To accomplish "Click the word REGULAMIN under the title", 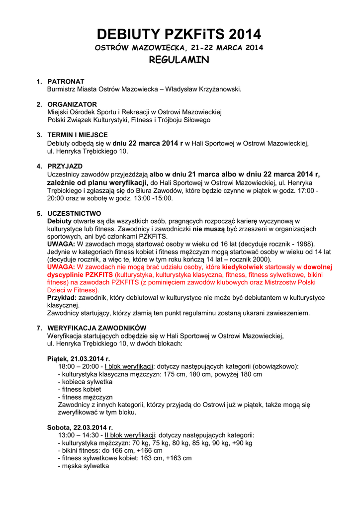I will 179,60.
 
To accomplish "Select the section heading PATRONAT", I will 66,81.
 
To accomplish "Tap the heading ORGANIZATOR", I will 72,104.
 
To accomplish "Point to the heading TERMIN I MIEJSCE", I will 78,135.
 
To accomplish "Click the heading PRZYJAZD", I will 65,166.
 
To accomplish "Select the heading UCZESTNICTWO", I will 74,213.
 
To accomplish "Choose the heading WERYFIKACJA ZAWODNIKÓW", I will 96,328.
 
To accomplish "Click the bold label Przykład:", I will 62,297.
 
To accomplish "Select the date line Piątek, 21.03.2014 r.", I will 78,358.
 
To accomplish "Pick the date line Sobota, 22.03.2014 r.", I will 80,427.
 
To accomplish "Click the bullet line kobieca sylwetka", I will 85,382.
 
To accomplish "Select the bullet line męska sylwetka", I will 84,466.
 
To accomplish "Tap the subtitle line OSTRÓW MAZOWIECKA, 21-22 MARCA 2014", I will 179,48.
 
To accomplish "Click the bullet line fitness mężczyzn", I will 85,397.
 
